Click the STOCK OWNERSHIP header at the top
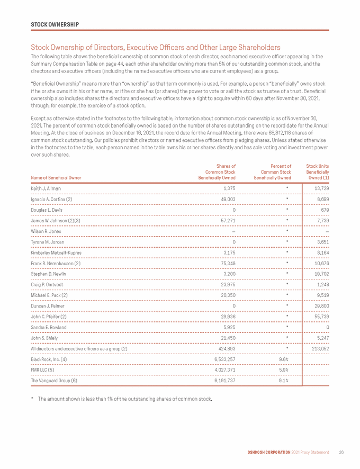(x=55, y=24)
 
